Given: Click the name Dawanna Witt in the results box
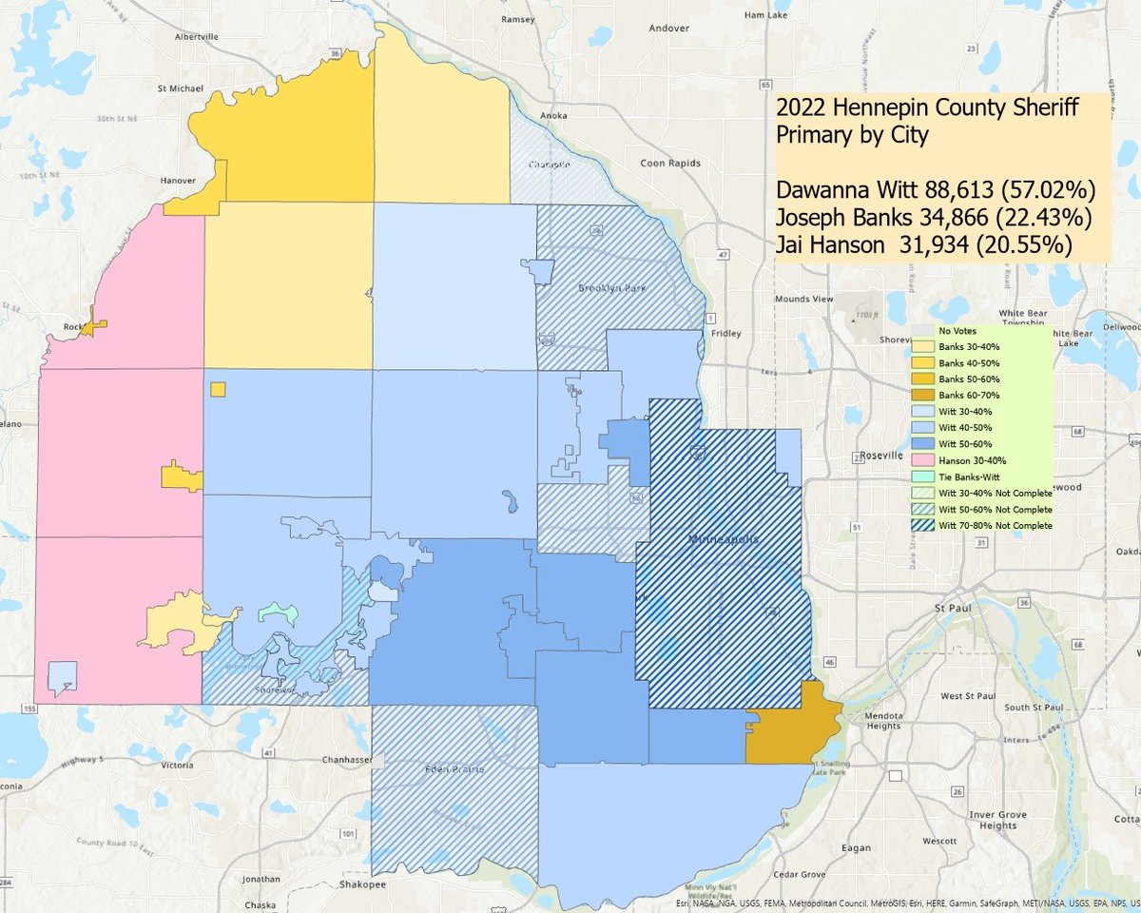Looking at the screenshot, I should (x=848, y=186).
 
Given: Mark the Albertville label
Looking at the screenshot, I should (x=197, y=36).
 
